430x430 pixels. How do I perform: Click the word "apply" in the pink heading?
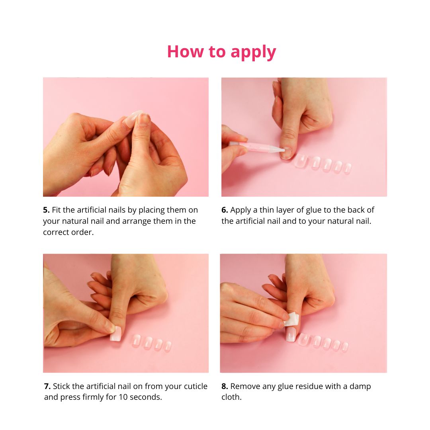[x=253, y=52]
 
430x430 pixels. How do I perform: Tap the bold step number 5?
[x=46, y=210]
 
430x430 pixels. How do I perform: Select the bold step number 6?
[x=225, y=210]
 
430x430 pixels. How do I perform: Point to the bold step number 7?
[x=47, y=386]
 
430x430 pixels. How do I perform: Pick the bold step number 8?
[x=225, y=386]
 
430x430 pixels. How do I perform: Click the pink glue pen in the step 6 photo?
[x=257, y=147]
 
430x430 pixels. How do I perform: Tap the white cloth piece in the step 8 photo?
[x=291, y=319]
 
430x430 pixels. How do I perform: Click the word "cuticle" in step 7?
[x=195, y=386]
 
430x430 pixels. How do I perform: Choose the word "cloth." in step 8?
[x=231, y=397]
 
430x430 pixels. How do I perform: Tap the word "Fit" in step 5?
[x=56, y=210]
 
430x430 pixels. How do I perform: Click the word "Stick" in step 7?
[x=61, y=386]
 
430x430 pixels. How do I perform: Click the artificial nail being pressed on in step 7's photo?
[x=115, y=334]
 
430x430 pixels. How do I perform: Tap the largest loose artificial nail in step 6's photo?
[x=301, y=161]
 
